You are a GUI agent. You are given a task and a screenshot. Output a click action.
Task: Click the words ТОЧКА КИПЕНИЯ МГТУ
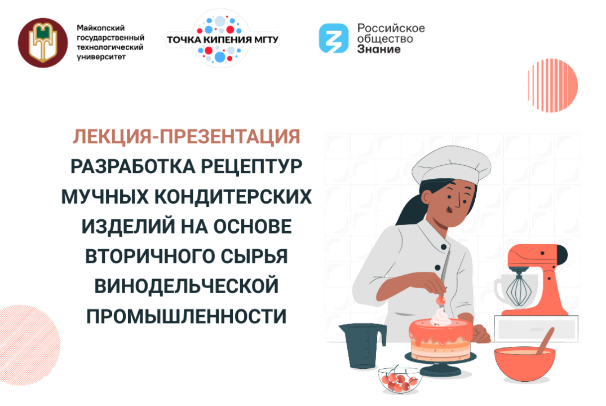[223, 41]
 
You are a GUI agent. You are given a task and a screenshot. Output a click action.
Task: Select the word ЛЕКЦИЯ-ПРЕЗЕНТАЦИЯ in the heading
[186, 136]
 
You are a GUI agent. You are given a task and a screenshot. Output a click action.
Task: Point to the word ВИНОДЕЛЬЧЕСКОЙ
[186, 285]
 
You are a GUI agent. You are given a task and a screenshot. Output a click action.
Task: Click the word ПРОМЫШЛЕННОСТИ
[186, 315]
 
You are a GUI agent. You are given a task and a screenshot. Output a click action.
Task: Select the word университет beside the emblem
[101, 57]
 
